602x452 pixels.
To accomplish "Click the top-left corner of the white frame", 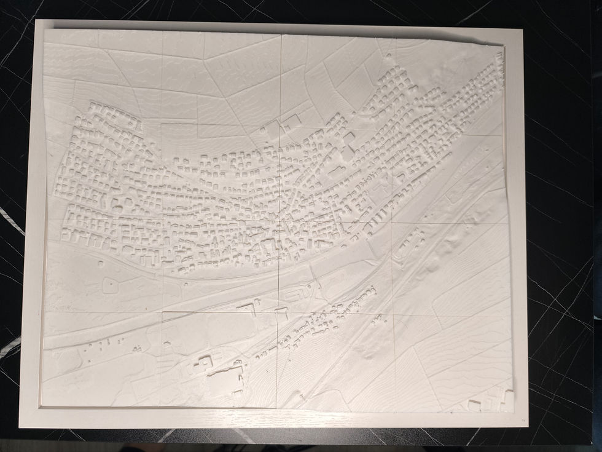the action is pyautogui.click(x=37, y=22).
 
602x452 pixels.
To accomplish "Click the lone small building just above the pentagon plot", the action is pyautogui.click(x=101, y=264).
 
